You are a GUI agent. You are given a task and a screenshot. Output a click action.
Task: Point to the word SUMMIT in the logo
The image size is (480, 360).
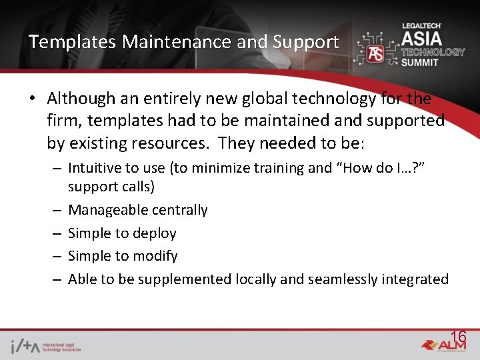420,62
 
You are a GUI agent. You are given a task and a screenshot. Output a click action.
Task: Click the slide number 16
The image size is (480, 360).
458,336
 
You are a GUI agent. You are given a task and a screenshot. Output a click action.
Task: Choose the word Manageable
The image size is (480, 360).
109,210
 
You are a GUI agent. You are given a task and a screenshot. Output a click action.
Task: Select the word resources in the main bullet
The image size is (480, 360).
169,143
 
